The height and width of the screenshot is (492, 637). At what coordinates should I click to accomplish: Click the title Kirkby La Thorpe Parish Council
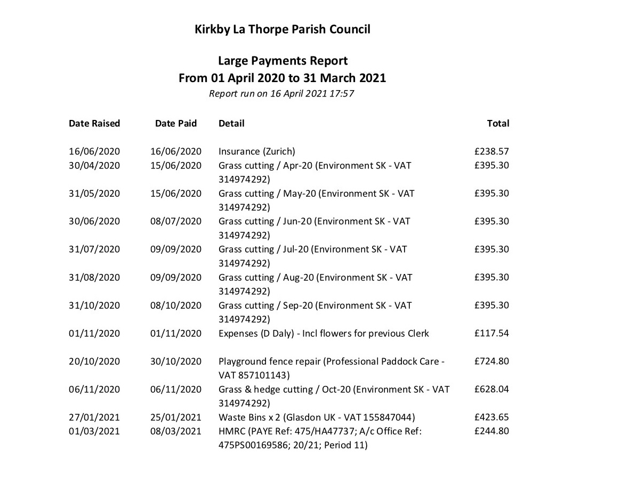coord(283,29)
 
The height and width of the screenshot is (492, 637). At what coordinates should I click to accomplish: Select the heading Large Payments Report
coord(283,61)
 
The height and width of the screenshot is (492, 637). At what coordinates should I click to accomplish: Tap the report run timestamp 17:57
coord(342,94)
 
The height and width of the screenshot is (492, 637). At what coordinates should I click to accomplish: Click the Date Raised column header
coord(94,124)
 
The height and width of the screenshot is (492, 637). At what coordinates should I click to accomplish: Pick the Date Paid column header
coord(176,124)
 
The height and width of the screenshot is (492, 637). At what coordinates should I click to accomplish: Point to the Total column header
coord(498,124)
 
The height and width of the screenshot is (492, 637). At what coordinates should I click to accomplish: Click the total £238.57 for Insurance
coord(491,151)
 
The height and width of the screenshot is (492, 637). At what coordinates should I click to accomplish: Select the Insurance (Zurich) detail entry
coord(256,151)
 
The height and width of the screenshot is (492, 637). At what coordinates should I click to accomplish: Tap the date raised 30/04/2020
coord(94,165)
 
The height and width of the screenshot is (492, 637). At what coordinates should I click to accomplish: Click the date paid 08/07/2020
coord(176,221)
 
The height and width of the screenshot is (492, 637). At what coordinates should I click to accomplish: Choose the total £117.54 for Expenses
coord(491,333)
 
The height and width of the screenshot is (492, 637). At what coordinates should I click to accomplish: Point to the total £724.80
coord(491,361)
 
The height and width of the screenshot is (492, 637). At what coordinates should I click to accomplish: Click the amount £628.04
coord(491,389)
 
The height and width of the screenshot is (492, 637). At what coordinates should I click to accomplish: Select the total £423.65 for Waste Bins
coord(491,417)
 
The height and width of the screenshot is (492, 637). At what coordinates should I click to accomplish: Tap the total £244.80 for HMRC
coord(491,431)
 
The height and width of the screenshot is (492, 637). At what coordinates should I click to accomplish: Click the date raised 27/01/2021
coord(94,417)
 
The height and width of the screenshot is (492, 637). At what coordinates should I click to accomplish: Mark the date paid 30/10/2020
coord(176,361)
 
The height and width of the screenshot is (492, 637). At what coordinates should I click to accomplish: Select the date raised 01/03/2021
coord(94,431)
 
